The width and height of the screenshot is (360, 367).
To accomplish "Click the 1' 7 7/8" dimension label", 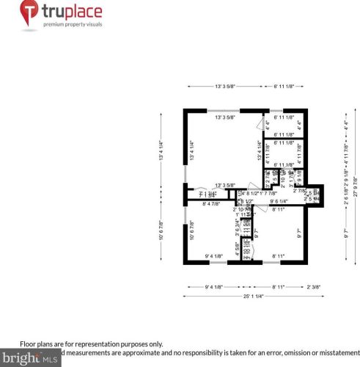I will (x=268, y=194).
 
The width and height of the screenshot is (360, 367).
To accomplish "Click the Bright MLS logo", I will (x=29, y=359).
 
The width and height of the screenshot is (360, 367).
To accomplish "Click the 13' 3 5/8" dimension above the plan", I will (x=224, y=87).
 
